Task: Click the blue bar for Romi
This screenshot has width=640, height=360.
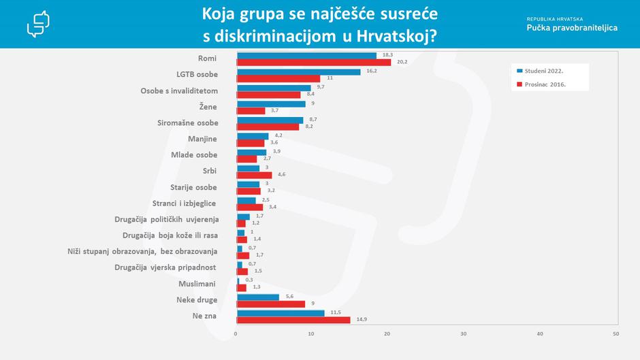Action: click(x=306, y=56)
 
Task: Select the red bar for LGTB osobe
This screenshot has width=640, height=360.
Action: click(x=278, y=78)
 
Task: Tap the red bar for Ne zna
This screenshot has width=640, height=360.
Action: click(x=293, y=320)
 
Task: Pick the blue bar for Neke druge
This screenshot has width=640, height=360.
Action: click(x=257, y=297)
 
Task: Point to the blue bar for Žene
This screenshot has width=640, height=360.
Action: click(x=270, y=104)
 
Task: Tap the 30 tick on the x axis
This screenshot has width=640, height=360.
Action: click(x=464, y=333)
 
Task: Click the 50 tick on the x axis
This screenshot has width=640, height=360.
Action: click(x=615, y=333)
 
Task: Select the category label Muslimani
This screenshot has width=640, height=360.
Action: click(x=197, y=283)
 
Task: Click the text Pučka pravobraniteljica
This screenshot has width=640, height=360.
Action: click(x=572, y=28)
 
